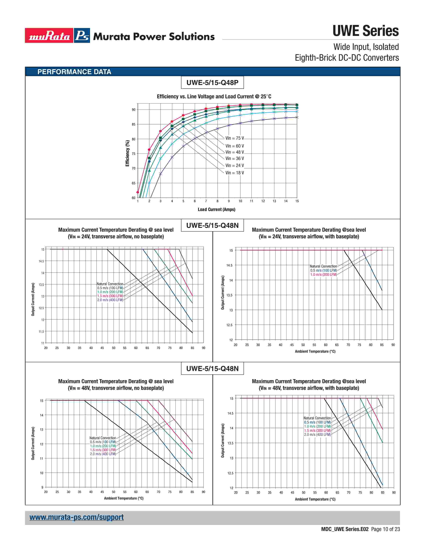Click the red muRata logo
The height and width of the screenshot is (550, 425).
[49, 35]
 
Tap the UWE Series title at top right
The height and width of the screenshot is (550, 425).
[365, 31]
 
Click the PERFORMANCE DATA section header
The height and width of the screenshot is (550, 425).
[74, 72]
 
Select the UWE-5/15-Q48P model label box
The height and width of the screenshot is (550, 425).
[212, 83]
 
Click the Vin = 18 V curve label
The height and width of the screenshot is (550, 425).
[234, 173]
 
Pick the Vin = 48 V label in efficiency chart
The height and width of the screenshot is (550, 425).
[234, 152]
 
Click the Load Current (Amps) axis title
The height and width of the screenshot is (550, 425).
[216, 209]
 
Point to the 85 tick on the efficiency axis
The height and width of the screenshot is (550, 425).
[133, 124]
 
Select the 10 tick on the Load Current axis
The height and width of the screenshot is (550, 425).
[240, 201]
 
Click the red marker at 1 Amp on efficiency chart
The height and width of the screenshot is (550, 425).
[138, 192]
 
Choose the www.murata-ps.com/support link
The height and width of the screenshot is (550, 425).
[76, 517]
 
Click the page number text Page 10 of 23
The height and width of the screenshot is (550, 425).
[385, 529]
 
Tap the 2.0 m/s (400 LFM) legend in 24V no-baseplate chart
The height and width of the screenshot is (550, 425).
[110, 300]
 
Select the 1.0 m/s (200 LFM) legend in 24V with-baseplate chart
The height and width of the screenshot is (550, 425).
[323, 274]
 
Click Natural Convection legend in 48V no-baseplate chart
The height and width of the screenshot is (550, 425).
[103, 438]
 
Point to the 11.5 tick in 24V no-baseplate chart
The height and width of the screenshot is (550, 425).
[41, 331]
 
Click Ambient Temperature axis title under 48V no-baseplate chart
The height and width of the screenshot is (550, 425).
[124, 498]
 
